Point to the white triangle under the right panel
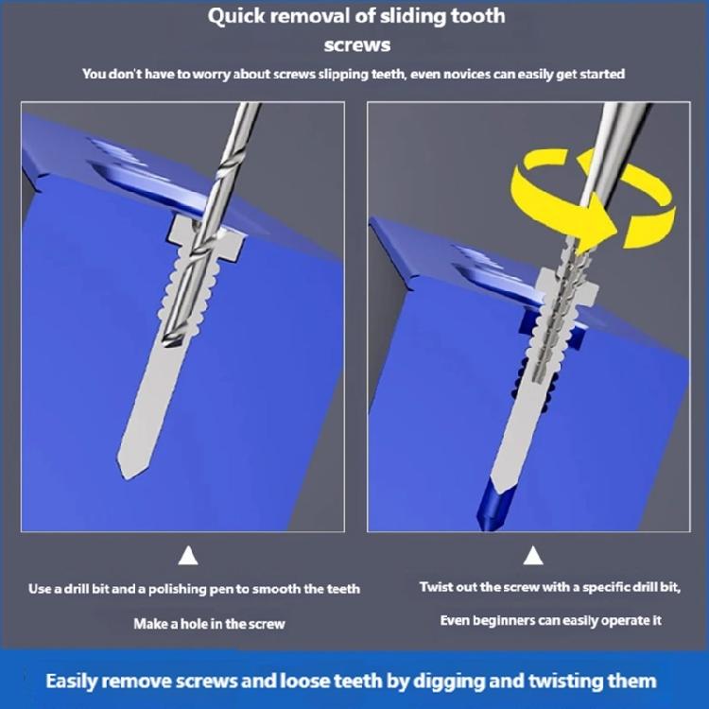pos(532,555)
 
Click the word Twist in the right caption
pos(438,587)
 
